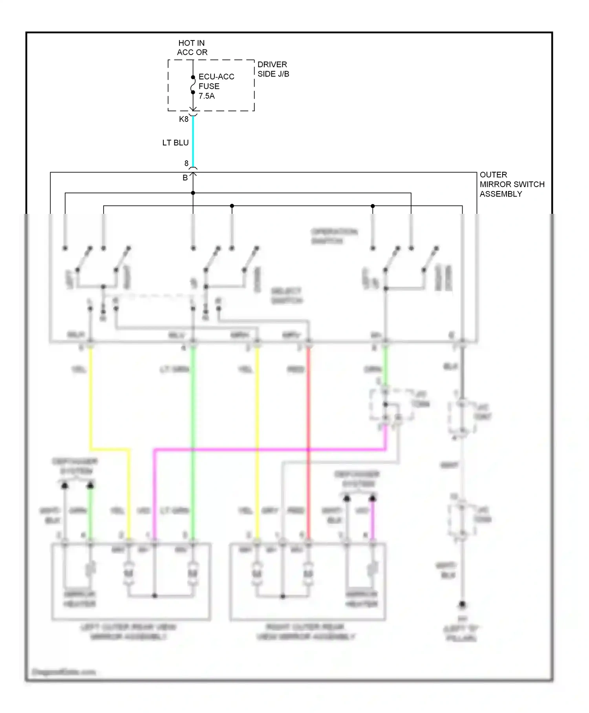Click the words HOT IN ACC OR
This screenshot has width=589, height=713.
(192, 48)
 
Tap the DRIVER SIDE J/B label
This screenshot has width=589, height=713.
(273, 69)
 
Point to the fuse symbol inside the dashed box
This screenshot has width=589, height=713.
(193, 85)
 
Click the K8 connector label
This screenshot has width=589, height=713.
(184, 119)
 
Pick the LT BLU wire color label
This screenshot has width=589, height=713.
(176, 143)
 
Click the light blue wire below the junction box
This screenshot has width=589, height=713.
(193, 141)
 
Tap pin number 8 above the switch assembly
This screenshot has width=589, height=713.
(187, 163)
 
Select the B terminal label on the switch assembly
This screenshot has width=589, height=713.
(185, 178)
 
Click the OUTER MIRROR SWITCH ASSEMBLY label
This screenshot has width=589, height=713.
(512, 184)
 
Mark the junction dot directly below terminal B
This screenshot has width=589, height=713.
(193, 193)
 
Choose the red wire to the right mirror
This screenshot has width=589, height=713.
(308, 432)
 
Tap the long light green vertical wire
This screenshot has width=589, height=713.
(193, 432)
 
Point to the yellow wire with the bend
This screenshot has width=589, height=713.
(110, 449)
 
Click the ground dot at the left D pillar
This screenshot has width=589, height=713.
(462, 604)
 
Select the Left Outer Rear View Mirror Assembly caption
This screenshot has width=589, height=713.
(128, 632)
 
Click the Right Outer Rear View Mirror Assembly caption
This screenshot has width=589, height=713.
(305, 632)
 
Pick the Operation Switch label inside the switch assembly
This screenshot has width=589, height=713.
(334, 236)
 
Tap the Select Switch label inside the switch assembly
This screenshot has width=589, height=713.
(287, 296)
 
